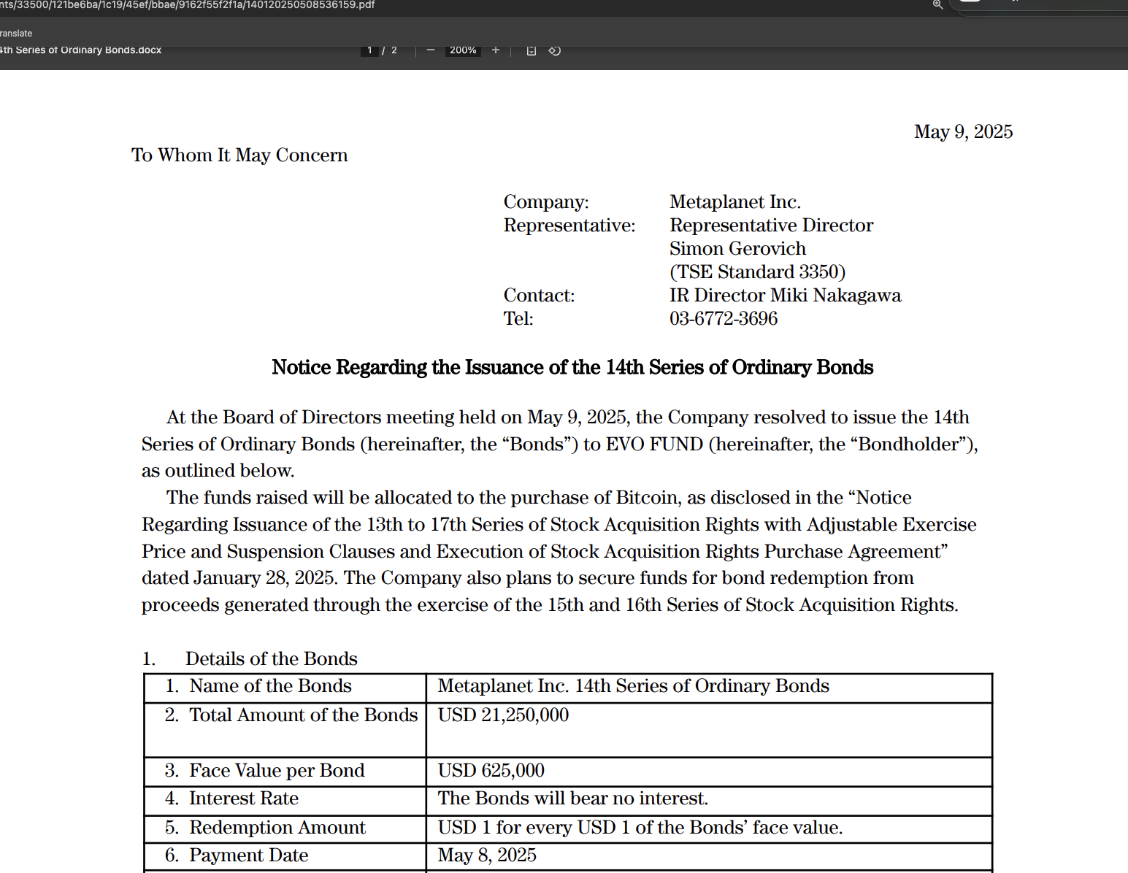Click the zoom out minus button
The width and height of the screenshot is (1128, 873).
(x=431, y=50)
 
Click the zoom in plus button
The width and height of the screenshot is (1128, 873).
(x=496, y=50)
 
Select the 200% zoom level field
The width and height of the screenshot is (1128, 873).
(x=463, y=50)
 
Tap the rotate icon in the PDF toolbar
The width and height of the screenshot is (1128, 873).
(x=555, y=50)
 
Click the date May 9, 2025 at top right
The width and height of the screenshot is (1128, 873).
(x=963, y=132)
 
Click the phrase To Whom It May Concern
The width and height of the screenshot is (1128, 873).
(x=239, y=155)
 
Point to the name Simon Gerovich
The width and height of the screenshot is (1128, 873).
(x=737, y=249)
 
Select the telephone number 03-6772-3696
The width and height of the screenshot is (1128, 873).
(x=723, y=319)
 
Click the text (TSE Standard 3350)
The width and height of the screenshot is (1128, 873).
(x=757, y=272)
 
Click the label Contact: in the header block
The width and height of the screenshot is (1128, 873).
(x=539, y=296)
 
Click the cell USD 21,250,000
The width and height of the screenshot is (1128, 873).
(x=503, y=715)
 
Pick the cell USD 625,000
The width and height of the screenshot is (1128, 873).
(x=491, y=771)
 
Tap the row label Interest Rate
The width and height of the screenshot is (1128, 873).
(x=243, y=799)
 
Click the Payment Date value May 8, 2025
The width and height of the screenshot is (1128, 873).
(x=487, y=855)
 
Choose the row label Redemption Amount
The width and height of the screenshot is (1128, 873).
(x=277, y=828)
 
